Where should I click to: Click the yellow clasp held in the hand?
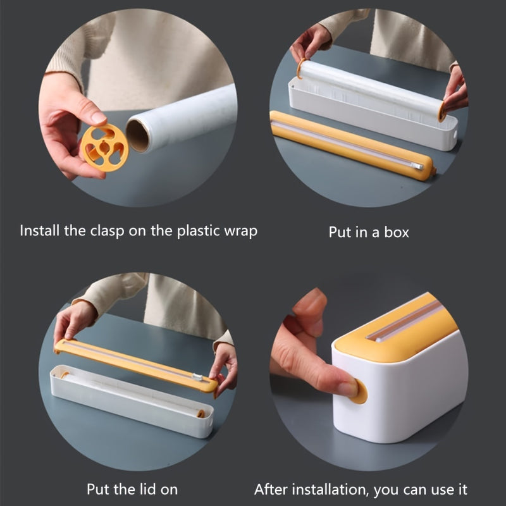[x=104, y=147]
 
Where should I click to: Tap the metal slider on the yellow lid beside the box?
[x=416, y=166]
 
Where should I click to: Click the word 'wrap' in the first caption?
[x=241, y=230]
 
